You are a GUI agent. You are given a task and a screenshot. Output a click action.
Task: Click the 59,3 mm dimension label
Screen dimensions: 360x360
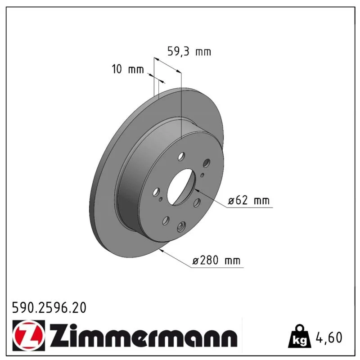point(189,51)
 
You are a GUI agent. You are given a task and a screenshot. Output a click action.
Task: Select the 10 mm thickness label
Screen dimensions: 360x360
point(128,69)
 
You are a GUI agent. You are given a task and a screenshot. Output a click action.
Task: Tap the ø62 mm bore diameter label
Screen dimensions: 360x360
point(248,200)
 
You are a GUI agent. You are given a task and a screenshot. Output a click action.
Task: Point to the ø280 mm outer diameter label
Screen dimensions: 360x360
point(216,261)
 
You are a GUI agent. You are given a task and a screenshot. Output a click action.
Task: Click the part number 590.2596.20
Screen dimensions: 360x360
point(49,308)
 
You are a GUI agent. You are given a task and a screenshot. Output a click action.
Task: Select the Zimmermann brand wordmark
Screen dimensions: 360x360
point(144,335)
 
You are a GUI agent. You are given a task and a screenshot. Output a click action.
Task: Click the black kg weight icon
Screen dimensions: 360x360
point(300,337)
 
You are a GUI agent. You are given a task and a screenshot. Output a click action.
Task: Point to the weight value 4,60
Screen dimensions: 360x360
point(329,337)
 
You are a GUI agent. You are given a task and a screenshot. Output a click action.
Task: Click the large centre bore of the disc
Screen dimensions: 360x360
point(181,187)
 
